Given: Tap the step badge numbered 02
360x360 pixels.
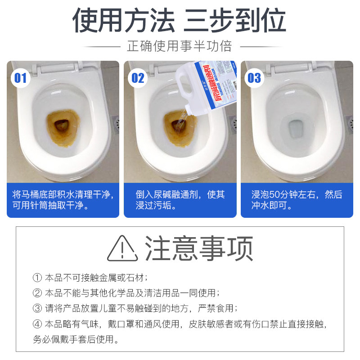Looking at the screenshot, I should click(x=138, y=78).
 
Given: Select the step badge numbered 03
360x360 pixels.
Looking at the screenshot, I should click(x=254, y=78).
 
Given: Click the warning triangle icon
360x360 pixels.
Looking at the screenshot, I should click(x=122, y=248).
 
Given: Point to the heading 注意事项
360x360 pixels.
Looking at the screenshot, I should click(x=198, y=248).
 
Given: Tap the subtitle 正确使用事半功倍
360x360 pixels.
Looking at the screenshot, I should click(x=180, y=46).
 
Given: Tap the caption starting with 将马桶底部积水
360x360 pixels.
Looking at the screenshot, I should click(x=63, y=200).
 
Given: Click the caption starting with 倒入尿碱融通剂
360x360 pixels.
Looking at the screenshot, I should click(x=180, y=200).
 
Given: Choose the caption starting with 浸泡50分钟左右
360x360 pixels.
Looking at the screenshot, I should click(x=297, y=200).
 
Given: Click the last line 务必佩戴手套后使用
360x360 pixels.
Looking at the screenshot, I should click(x=76, y=339).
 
